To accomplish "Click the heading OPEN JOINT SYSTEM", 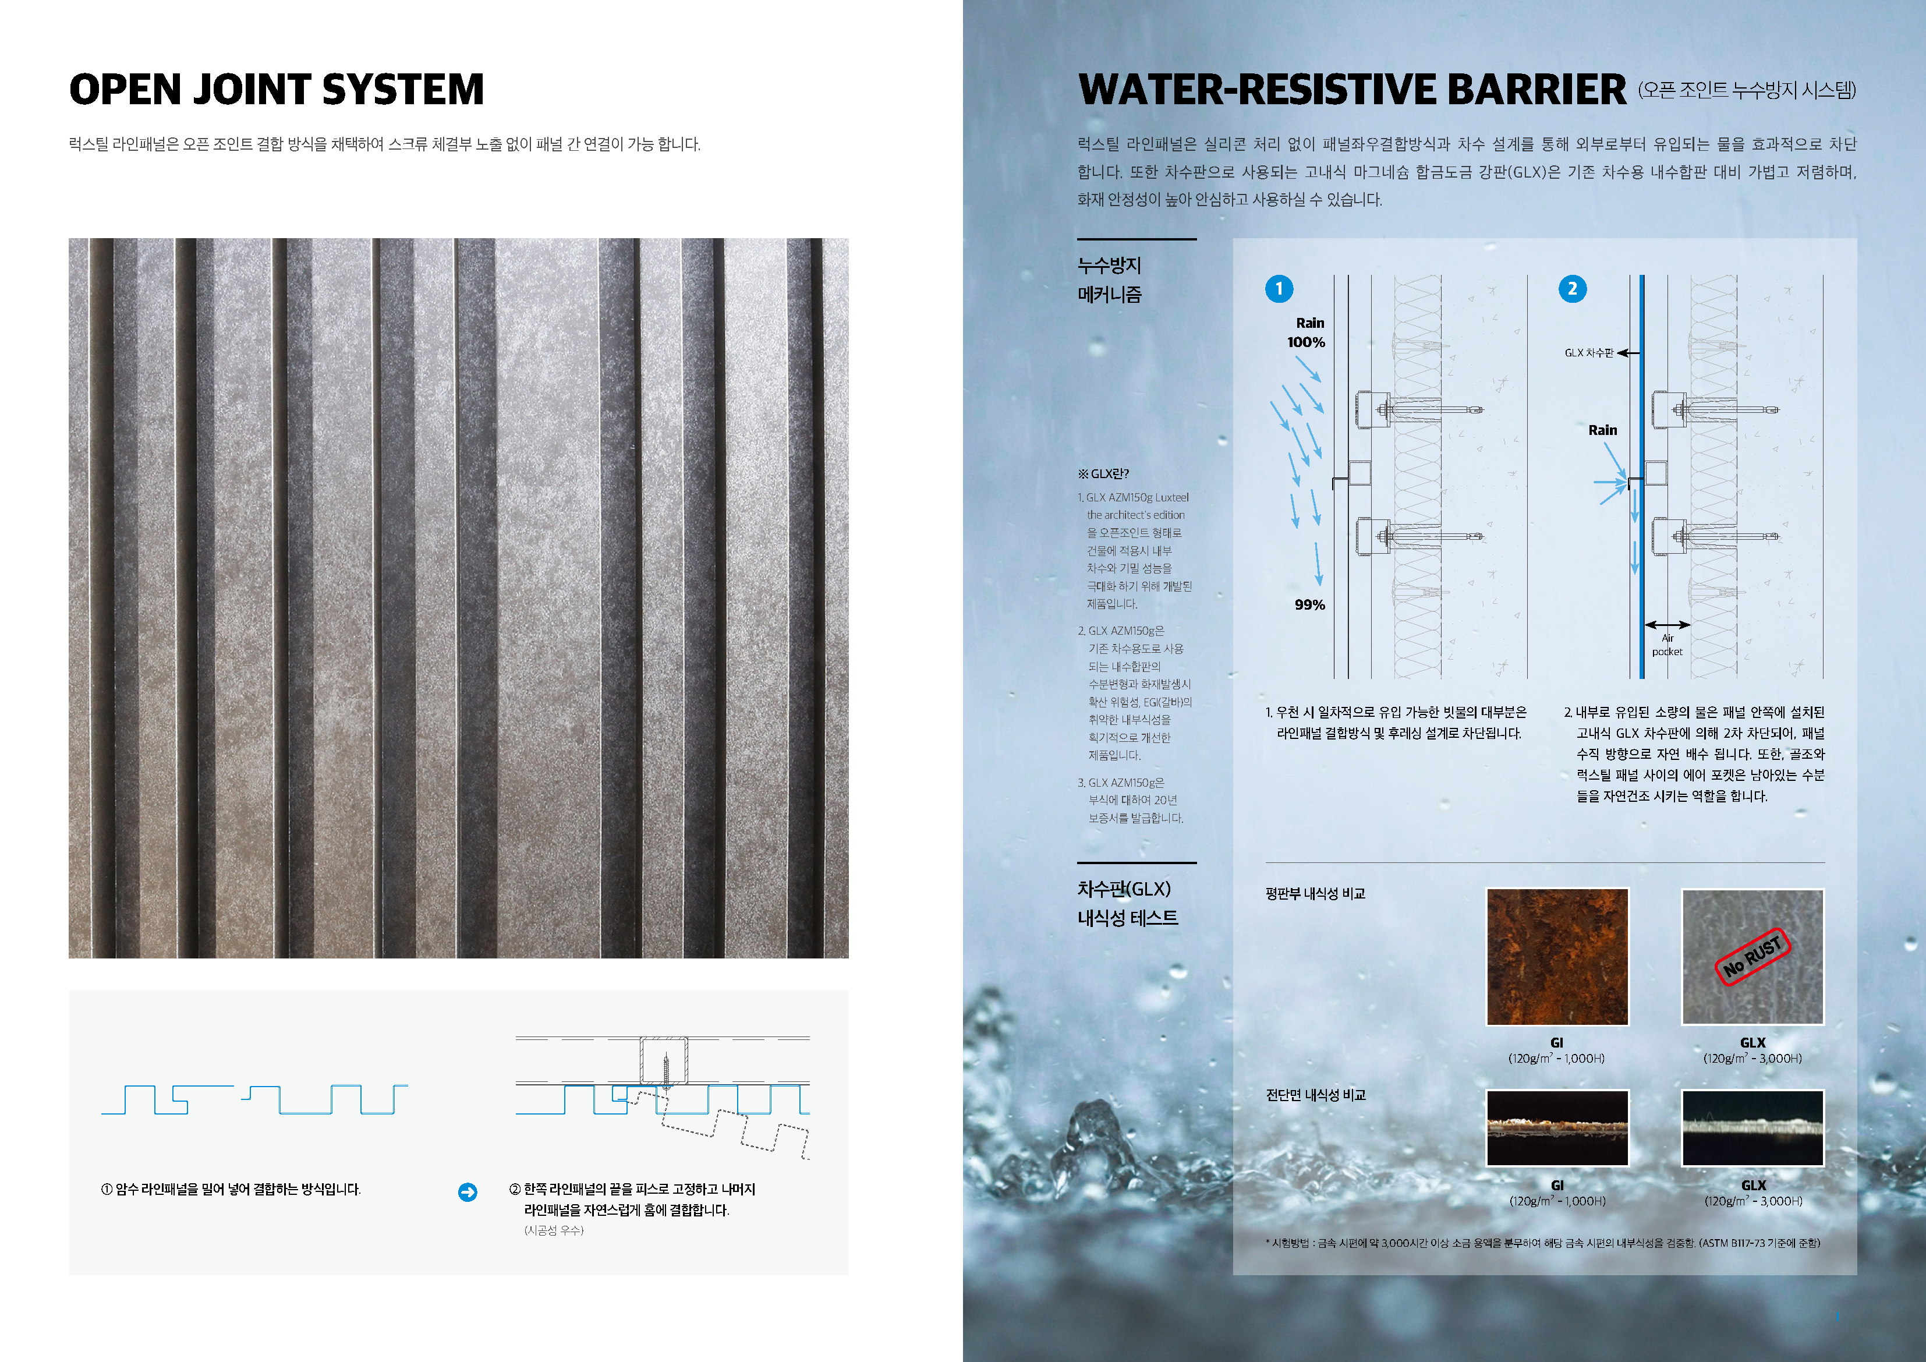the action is point(277,90).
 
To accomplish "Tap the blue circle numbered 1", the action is point(1279,289).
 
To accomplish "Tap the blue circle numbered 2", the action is point(1572,289).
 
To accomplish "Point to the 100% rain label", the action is point(1306,342).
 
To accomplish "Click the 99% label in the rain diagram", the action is point(1309,604).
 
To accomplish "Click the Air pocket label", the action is point(1667,645).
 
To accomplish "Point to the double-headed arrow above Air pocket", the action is point(1667,624).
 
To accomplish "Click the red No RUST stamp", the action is point(1752,957).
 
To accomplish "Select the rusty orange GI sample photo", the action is point(1557,957).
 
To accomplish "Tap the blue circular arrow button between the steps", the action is point(468,1191).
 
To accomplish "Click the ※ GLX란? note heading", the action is point(1103,473).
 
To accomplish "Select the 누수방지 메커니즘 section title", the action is point(1109,280).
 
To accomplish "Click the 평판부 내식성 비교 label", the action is point(1315,894).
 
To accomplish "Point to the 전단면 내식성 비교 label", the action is point(1315,1095).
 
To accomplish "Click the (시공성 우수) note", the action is point(554,1230).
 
